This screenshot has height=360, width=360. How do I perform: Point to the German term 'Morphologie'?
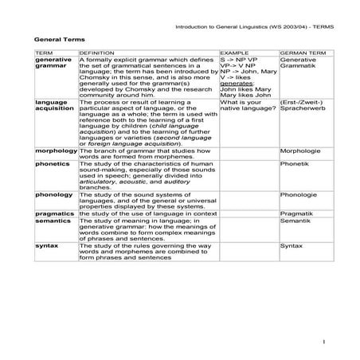[x=299, y=150]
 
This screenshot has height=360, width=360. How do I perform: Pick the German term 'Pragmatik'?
[x=296, y=214]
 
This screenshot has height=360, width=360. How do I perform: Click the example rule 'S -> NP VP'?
[x=237, y=59]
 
